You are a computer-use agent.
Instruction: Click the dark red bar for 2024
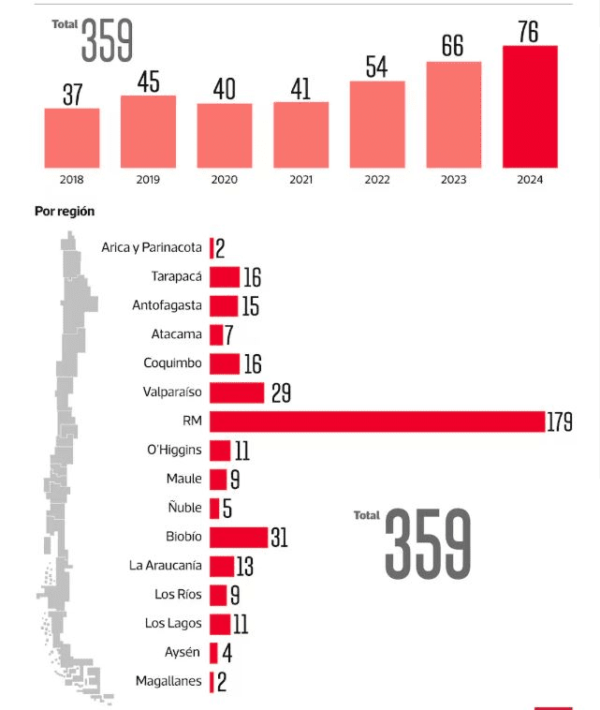(530, 106)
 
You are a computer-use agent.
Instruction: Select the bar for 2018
(71, 138)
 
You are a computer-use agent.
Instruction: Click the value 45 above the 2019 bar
(148, 81)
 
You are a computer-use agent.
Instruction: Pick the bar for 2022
(377, 124)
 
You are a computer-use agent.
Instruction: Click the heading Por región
(65, 212)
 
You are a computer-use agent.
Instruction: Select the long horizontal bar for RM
(377, 422)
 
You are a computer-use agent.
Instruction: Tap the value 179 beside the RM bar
(560, 422)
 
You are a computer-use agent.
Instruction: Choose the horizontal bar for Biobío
(239, 537)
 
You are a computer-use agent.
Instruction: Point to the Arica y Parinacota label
(152, 247)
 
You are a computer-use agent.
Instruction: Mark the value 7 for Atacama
(228, 334)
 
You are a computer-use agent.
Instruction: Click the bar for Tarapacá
(225, 276)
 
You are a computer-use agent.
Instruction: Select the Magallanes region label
(168, 681)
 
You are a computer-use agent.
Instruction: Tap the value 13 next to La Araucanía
(245, 566)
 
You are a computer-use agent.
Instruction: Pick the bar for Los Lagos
(220, 624)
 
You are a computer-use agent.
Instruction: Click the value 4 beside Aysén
(227, 653)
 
